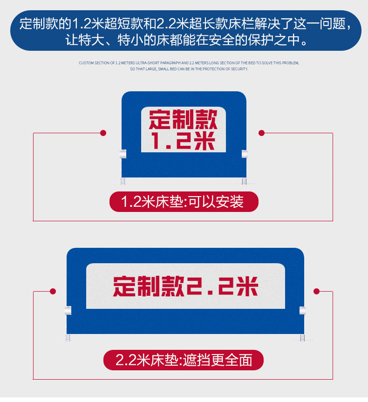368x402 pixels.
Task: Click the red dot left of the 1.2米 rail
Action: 103,133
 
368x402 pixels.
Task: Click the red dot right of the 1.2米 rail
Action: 261,133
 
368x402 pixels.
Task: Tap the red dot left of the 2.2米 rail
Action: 53,291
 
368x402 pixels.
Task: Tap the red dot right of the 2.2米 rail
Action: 317,291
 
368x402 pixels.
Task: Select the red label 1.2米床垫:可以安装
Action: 184,202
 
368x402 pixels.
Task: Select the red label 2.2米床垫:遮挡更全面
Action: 184,360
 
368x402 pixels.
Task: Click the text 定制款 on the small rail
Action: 183,120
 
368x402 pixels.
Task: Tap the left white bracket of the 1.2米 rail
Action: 123,154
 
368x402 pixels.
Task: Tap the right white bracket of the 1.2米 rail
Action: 245,154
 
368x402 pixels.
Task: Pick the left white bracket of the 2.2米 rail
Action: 68,310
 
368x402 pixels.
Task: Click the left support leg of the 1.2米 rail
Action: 123,181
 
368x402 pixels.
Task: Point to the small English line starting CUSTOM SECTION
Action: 189,62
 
